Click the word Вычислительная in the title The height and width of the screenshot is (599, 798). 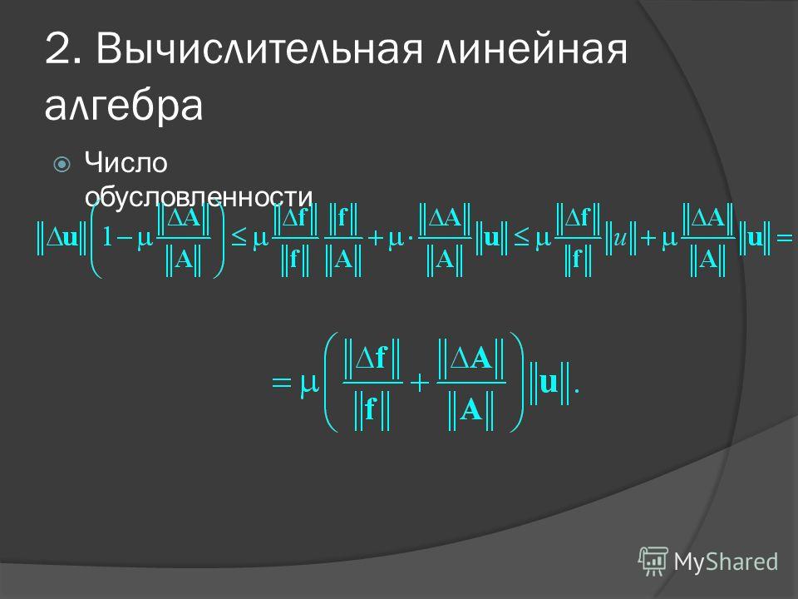point(259,50)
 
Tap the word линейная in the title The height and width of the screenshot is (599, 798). point(532,50)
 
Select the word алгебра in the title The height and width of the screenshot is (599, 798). point(124,106)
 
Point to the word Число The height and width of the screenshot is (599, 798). point(126,163)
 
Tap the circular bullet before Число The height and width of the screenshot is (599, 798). point(62,165)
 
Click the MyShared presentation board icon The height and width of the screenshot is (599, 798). point(653,561)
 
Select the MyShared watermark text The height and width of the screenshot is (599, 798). point(726,562)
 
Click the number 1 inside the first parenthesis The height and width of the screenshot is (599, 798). point(107,237)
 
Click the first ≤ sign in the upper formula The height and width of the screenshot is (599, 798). point(239,237)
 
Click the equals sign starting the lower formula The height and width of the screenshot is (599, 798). point(282,382)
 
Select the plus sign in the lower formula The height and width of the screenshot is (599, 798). point(420,383)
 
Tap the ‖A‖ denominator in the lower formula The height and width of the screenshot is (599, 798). point(471,409)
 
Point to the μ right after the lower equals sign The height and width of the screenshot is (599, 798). point(308,385)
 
